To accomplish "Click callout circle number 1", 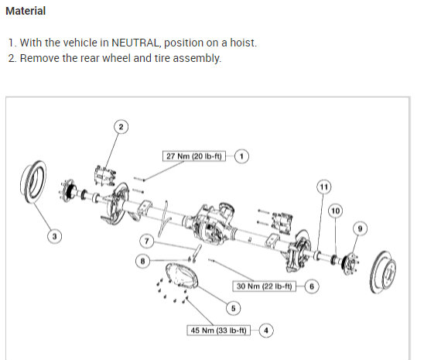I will (x=242, y=156).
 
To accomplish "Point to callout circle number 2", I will (x=120, y=125).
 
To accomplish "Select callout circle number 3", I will (x=54, y=235).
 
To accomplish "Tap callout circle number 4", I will (x=266, y=331).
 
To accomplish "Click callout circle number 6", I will (x=312, y=286).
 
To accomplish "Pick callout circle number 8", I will (x=143, y=262).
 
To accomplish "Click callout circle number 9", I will (x=357, y=228).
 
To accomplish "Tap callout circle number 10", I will (x=335, y=211).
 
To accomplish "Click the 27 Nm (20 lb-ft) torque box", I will (x=193, y=156).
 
